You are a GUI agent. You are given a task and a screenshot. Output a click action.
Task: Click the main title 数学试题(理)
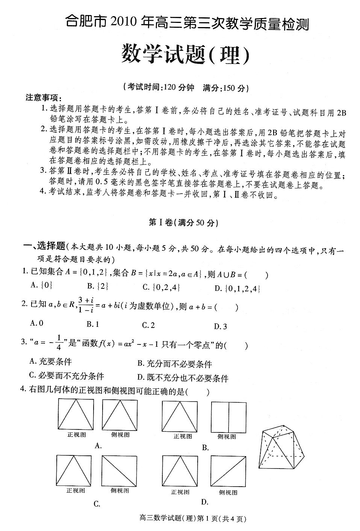click(x=185, y=55)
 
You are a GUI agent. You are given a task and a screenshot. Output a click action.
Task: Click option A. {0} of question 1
click(x=41, y=285)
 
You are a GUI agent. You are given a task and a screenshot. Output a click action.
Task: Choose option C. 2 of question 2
click(x=148, y=325)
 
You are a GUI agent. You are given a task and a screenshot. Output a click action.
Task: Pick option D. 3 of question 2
click(x=221, y=326)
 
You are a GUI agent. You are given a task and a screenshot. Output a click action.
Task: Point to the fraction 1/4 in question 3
click(x=59, y=343)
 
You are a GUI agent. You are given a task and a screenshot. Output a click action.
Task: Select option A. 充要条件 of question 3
click(x=50, y=362)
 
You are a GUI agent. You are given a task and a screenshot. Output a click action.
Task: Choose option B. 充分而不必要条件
click(x=175, y=364)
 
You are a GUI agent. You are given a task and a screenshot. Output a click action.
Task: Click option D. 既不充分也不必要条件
click(x=183, y=378)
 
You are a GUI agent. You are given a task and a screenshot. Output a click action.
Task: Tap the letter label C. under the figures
click(x=97, y=504)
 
